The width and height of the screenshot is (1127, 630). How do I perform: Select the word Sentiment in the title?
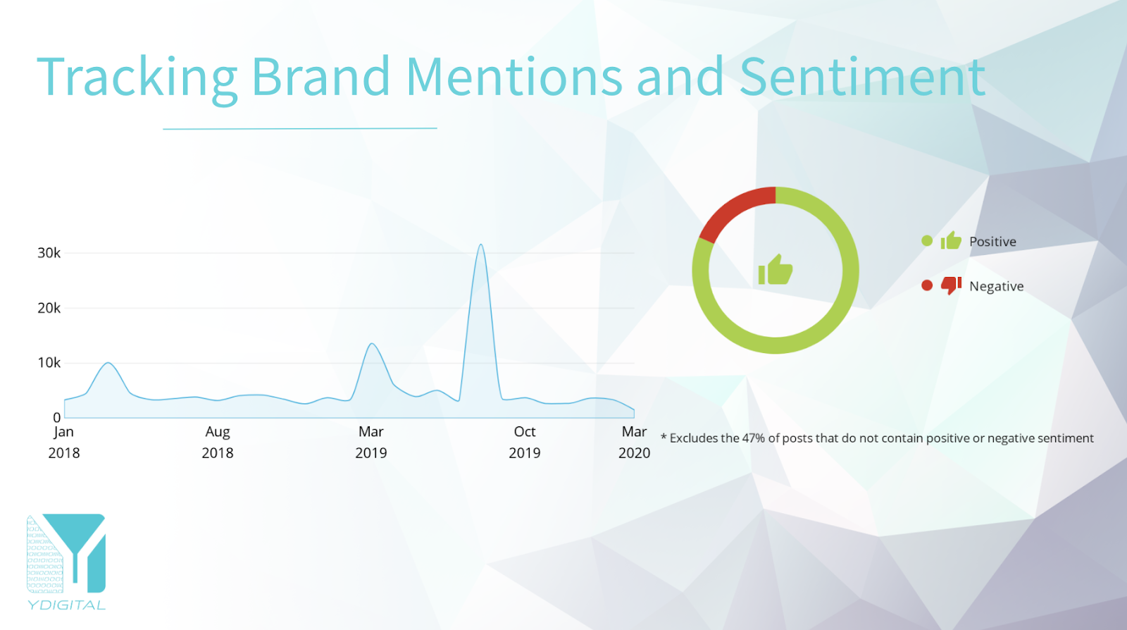[862, 77]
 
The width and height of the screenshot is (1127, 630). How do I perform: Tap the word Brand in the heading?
[321, 77]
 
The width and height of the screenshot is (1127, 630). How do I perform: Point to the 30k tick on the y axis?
[49, 253]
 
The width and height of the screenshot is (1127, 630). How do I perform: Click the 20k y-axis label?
[49, 308]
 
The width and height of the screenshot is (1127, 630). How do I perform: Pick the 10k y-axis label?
[49, 363]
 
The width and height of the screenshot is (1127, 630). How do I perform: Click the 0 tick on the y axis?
[57, 418]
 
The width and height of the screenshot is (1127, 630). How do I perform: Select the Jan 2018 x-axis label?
[64, 443]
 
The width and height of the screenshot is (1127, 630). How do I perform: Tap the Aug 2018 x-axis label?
[218, 443]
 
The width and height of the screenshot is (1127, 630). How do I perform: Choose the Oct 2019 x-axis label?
[524, 443]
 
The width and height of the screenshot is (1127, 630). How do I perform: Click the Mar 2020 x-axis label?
[634, 443]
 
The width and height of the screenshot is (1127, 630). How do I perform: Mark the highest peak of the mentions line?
[481, 245]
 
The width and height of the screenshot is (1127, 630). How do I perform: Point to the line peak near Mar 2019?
[371, 344]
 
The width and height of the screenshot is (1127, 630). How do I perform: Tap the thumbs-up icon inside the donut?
[776, 270]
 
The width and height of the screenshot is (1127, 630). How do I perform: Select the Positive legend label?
[992, 242]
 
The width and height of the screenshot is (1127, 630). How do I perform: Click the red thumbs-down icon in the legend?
[951, 285]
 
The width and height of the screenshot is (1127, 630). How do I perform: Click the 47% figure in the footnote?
[753, 438]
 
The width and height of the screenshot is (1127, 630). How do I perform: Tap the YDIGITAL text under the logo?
[66, 605]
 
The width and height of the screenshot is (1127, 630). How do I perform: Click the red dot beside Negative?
[927, 286]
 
